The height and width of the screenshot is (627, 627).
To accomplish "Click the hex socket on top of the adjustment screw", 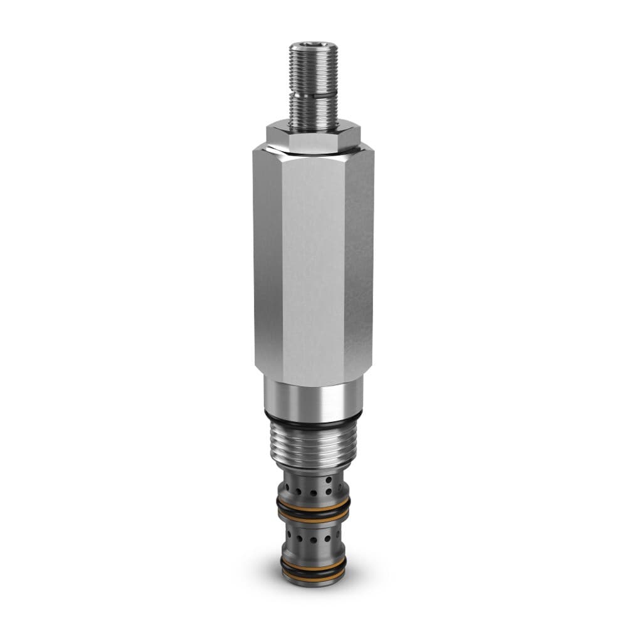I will click(313, 46).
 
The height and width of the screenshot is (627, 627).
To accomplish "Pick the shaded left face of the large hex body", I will click(268, 263).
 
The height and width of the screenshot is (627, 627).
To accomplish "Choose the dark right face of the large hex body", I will click(359, 263).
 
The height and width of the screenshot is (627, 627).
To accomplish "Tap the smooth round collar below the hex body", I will click(313, 396).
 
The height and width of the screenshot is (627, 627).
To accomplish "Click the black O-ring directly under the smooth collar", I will click(313, 419).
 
